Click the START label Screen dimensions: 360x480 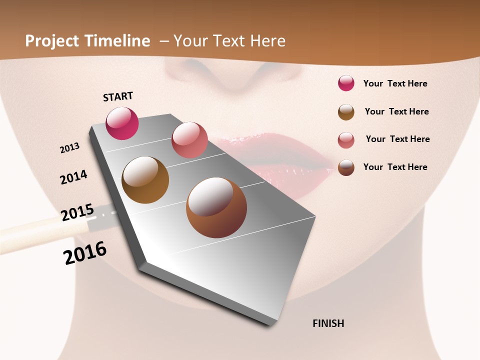(x=118, y=96)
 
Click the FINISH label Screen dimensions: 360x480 (x=328, y=323)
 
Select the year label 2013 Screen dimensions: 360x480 (x=69, y=148)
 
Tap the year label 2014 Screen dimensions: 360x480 (x=73, y=177)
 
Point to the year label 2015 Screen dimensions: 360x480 (x=77, y=212)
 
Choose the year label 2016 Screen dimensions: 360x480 (x=85, y=253)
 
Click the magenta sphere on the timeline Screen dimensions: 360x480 (x=122, y=123)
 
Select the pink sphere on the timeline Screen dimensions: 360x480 (x=189, y=139)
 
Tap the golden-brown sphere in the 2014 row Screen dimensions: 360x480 (x=145, y=180)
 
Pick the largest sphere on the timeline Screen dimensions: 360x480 (x=216, y=207)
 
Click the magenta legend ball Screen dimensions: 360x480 (x=346, y=83)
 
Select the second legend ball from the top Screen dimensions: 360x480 (x=346, y=112)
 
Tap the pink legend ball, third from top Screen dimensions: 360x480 (x=346, y=140)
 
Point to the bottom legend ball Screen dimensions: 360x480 (x=346, y=167)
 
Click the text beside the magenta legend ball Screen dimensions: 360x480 (x=395, y=83)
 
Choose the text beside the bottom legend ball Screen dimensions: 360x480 (x=395, y=167)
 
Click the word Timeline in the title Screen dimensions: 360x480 (x=117, y=41)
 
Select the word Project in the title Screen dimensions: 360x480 (x=52, y=41)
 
